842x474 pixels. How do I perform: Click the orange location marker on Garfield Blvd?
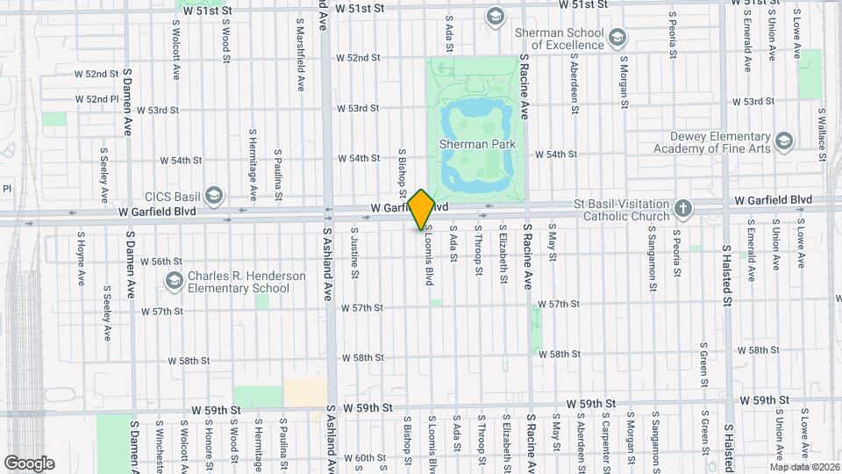pyautogui.click(x=422, y=209)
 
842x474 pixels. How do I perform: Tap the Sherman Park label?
pyautogui.click(x=478, y=144)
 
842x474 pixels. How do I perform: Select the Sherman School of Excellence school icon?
pyautogui.click(x=618, y=37)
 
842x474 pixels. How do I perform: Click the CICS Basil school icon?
pyautogui.click(x=215, y=195)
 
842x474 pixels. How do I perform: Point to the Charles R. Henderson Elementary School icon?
pyautogui.click(x=174, y=282)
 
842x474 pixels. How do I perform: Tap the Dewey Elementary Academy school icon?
pyautogui.click(x=783, y=140)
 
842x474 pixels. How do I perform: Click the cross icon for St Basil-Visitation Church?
pyautogui.click(x=683, y=208)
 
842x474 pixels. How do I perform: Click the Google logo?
pyautogui.click(x=29, y=463)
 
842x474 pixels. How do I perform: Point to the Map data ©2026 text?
pyautogui.click(x=803, y=467)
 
